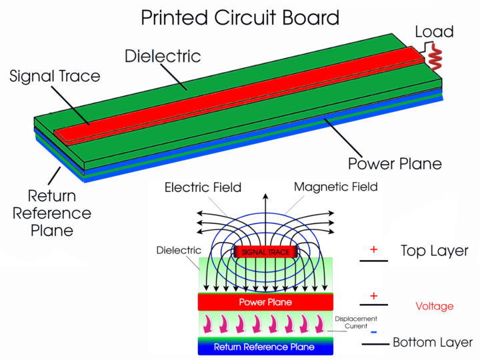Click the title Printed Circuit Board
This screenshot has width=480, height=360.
tap(239, 17)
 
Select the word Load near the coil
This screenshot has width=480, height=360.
tap(434, 31)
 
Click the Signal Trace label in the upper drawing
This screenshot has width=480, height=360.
tap(55, 76)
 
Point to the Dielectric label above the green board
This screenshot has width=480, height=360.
tap(163, 55)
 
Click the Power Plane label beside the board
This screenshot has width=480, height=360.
tap(395, 163)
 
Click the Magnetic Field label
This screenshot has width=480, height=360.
tap(335, 187)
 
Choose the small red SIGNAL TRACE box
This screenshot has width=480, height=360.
tap(265, 253)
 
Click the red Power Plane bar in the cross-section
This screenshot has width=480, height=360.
tap(265, 302)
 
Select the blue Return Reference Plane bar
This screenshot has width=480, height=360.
tap(265, 347)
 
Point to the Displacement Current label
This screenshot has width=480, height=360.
tap(356, 323)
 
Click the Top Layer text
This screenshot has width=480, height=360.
tap(434, 251)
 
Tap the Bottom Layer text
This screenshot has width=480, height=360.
tap(433, 343)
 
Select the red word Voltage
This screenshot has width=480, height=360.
tap(434, 307)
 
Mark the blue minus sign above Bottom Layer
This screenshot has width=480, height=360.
tap(374, 331)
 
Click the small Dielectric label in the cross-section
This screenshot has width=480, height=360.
tap(179, 251)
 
